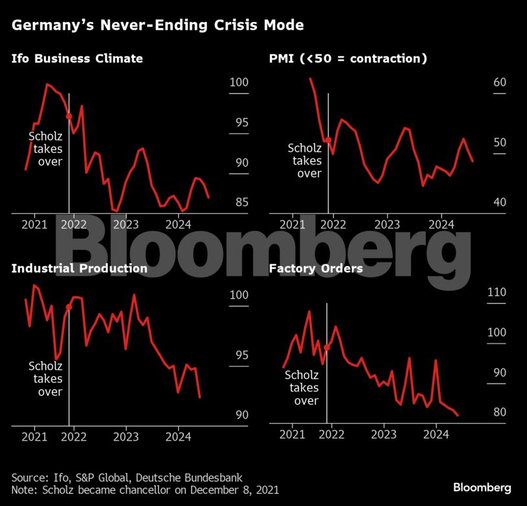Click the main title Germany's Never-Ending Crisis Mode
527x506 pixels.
[157, 26]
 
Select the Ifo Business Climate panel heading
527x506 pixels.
[77, 59]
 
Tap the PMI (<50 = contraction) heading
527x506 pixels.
[348, 59]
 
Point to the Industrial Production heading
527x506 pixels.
[79, 268]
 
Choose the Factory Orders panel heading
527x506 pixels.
[315, 268]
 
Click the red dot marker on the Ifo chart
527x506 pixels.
[69, 117]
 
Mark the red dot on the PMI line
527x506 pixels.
[328, 140]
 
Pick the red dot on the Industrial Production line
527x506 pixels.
[69, 307]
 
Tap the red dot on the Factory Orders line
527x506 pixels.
[327, 348]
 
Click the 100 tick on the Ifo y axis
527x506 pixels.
[239, 83]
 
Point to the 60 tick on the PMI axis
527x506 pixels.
[500, 83]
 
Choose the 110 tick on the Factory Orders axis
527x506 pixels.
[496, 292]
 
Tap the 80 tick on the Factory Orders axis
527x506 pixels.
[496, 412]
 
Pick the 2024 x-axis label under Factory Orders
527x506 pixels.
[436, 434]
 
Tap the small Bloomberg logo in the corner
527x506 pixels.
[482, 487]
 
